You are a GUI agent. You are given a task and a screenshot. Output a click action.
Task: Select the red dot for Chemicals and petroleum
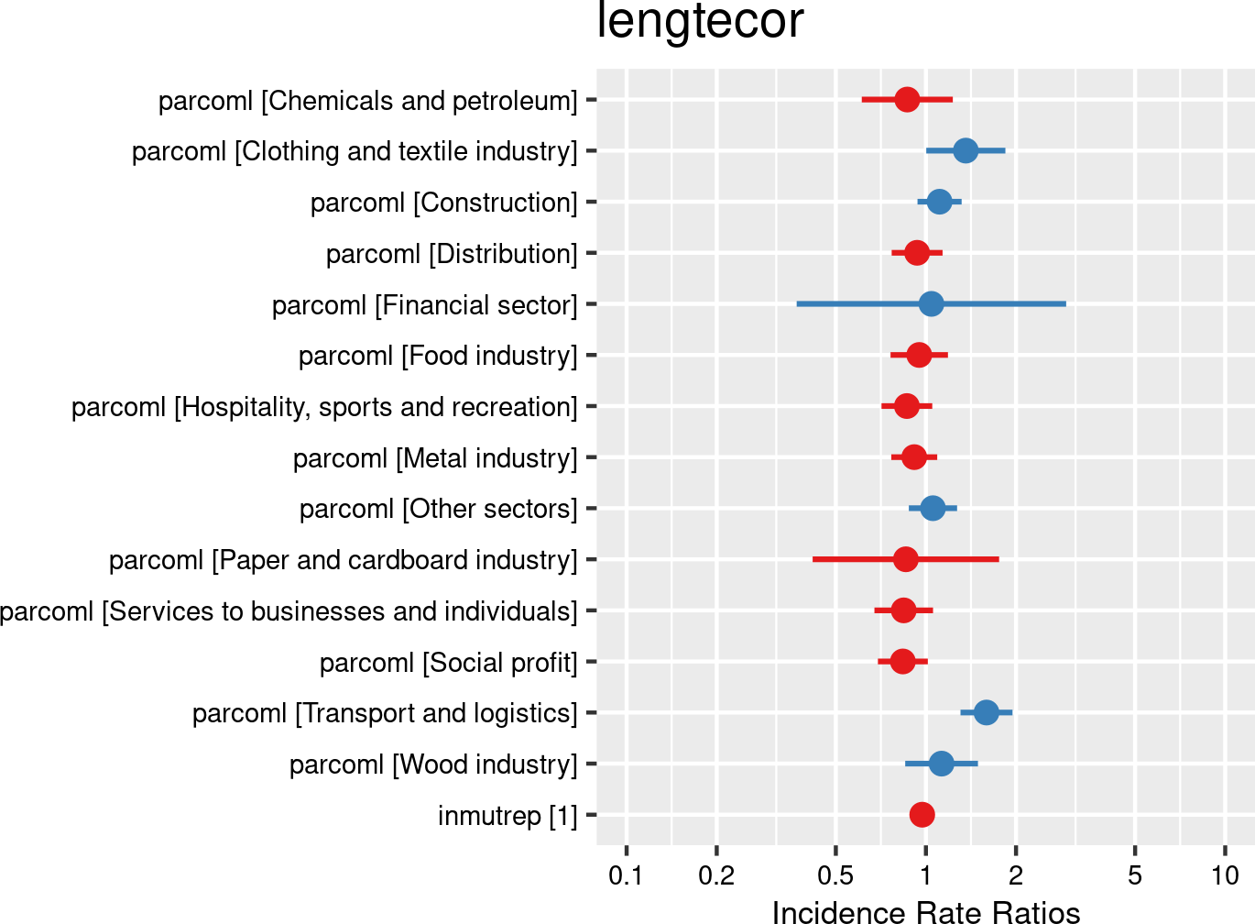[x=907, y=99]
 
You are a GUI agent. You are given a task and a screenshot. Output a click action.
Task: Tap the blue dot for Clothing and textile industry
[x=965, y=150]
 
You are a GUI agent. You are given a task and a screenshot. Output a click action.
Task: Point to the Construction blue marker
[x=939, y=202]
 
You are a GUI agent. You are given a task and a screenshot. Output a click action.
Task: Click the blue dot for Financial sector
[x=931, y=303]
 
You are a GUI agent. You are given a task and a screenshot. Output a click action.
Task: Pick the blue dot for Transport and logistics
[x=986, y=712]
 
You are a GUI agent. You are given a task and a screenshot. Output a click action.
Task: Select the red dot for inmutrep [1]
[x=922, y=814]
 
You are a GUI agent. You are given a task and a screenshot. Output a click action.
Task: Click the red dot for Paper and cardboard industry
[x=906, y=559]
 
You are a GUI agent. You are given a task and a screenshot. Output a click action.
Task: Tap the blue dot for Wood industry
[x=941, y=764]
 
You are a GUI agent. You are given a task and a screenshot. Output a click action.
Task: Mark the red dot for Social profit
[x=902, y=661]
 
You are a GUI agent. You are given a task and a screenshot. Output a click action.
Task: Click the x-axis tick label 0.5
[x=835, y=875]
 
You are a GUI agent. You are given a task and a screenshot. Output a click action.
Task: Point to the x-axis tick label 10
[x=1225, y=875]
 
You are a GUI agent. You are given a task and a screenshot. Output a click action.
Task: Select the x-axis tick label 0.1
[x=626, y=875]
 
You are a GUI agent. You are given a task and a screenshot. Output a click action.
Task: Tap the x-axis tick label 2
[x=1015, y=875]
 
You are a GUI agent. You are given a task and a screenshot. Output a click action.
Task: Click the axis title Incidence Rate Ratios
[x=925, y=911]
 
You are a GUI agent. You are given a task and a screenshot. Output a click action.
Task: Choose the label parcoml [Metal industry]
[x=435, y=457]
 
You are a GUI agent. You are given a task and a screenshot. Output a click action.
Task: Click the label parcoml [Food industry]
[x=438, y=355]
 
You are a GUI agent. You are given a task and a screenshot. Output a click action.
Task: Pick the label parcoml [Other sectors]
[x=438, y=509]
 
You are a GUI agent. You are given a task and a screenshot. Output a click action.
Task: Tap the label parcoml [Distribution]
[x=452, y=253]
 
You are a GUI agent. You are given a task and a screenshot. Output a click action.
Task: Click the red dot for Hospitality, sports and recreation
[x=907, y=406]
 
